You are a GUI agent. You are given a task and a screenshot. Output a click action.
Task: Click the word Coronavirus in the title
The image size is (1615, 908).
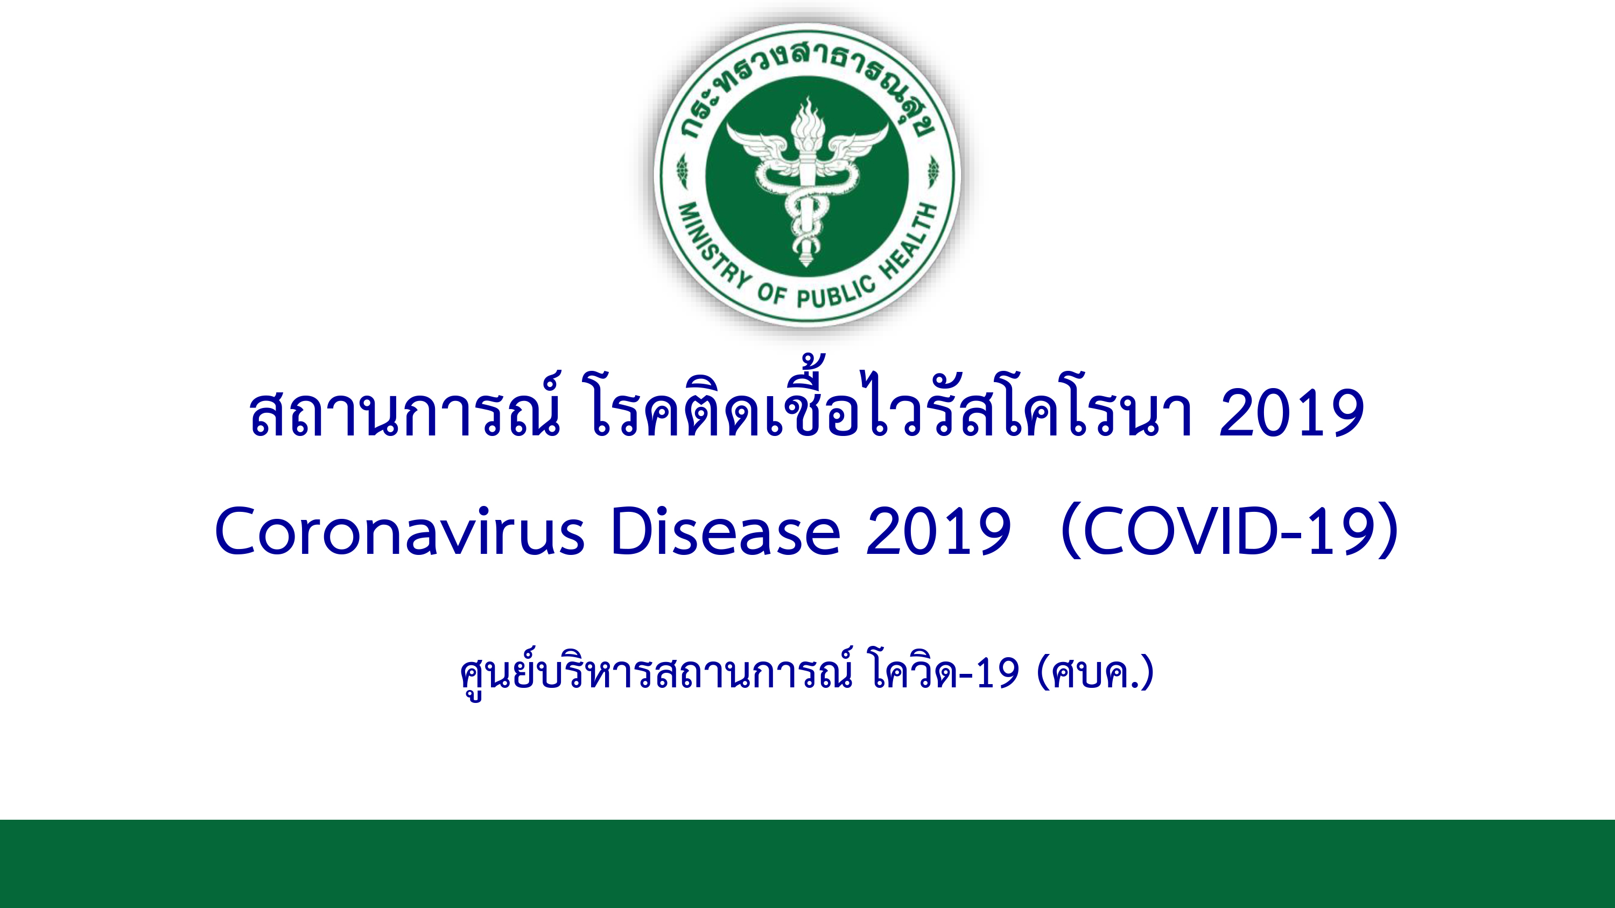[x=400, y=531]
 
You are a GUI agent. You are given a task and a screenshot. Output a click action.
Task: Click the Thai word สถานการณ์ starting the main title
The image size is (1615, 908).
[x=404, y=407]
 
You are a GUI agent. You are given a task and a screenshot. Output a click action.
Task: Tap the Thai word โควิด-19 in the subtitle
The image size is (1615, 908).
[x=945, y=671]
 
